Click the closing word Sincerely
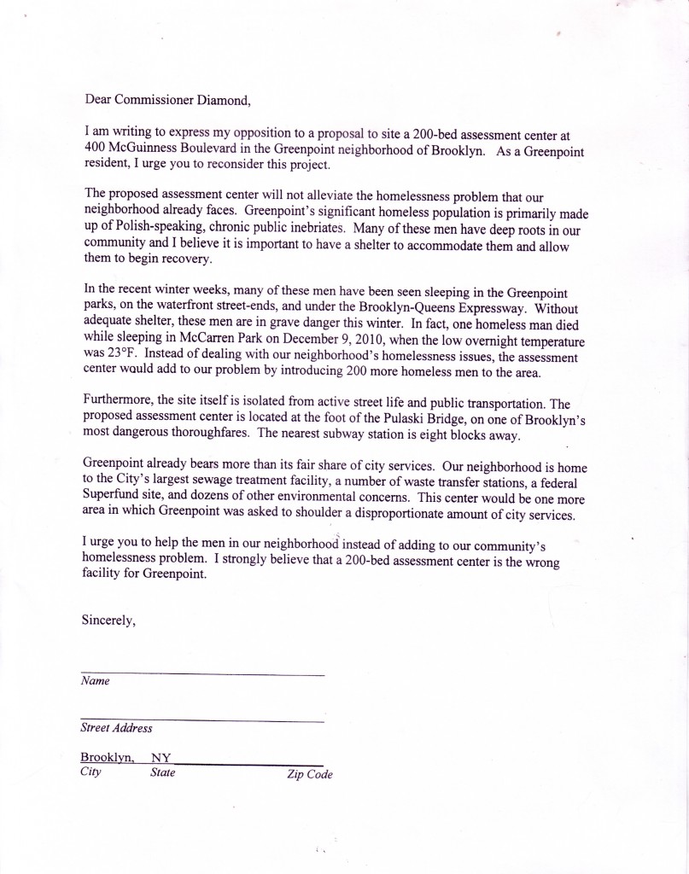coord(110,621)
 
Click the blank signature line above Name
coord(202,674)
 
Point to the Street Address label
coord(116,728)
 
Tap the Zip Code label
coord(310,775)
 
